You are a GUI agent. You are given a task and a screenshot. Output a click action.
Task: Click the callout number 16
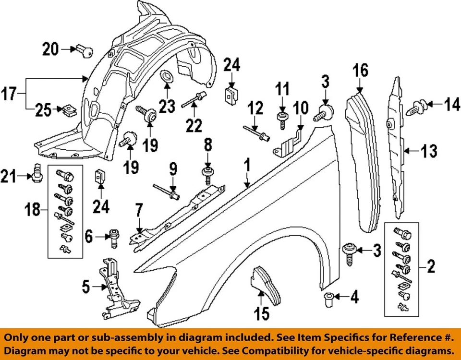[x=361, y=71]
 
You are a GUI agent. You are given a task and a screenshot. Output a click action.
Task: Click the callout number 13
[x=430, y=152]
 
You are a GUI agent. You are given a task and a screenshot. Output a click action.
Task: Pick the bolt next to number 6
[x=114, y=237]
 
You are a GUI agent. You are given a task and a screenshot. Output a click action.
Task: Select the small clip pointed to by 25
[x=68, y=109]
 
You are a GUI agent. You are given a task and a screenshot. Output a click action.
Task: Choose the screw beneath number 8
[x=207, y=176]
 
